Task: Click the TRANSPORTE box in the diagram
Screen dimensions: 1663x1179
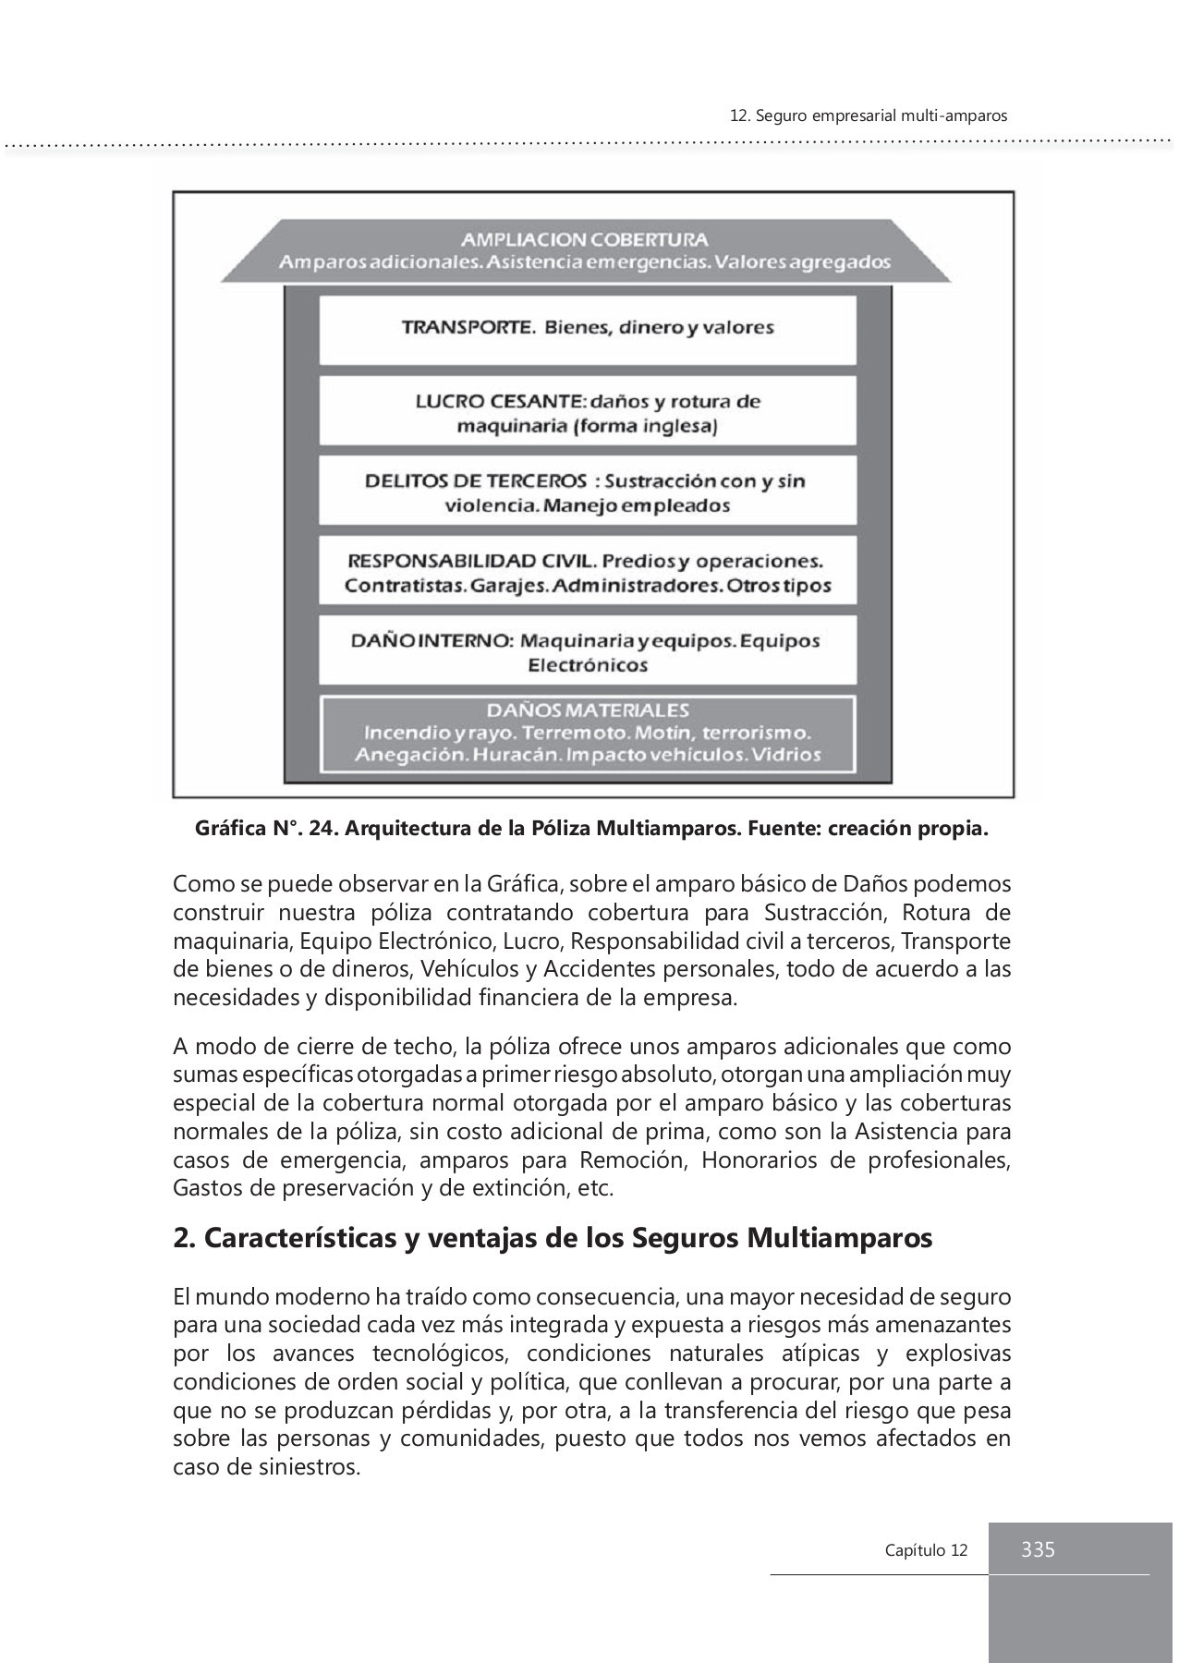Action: tap(588, 328)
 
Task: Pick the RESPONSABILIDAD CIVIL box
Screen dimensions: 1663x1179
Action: tap(588, 572)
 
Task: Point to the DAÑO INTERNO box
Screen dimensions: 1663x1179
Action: tap(588, 651)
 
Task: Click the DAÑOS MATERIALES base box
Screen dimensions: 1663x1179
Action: tap(588, 734)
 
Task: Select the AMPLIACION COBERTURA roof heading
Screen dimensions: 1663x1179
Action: tap(585, 239)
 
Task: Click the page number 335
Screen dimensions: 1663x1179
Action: tap(1038, 1549)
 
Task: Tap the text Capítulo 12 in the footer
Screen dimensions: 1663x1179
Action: tap(926, 1550)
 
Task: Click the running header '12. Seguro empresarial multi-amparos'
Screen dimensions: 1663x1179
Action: tap(868, 116)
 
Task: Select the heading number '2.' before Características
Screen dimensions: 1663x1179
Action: tap(183, 1238)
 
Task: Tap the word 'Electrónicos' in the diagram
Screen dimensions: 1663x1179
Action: tap(588, 665)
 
